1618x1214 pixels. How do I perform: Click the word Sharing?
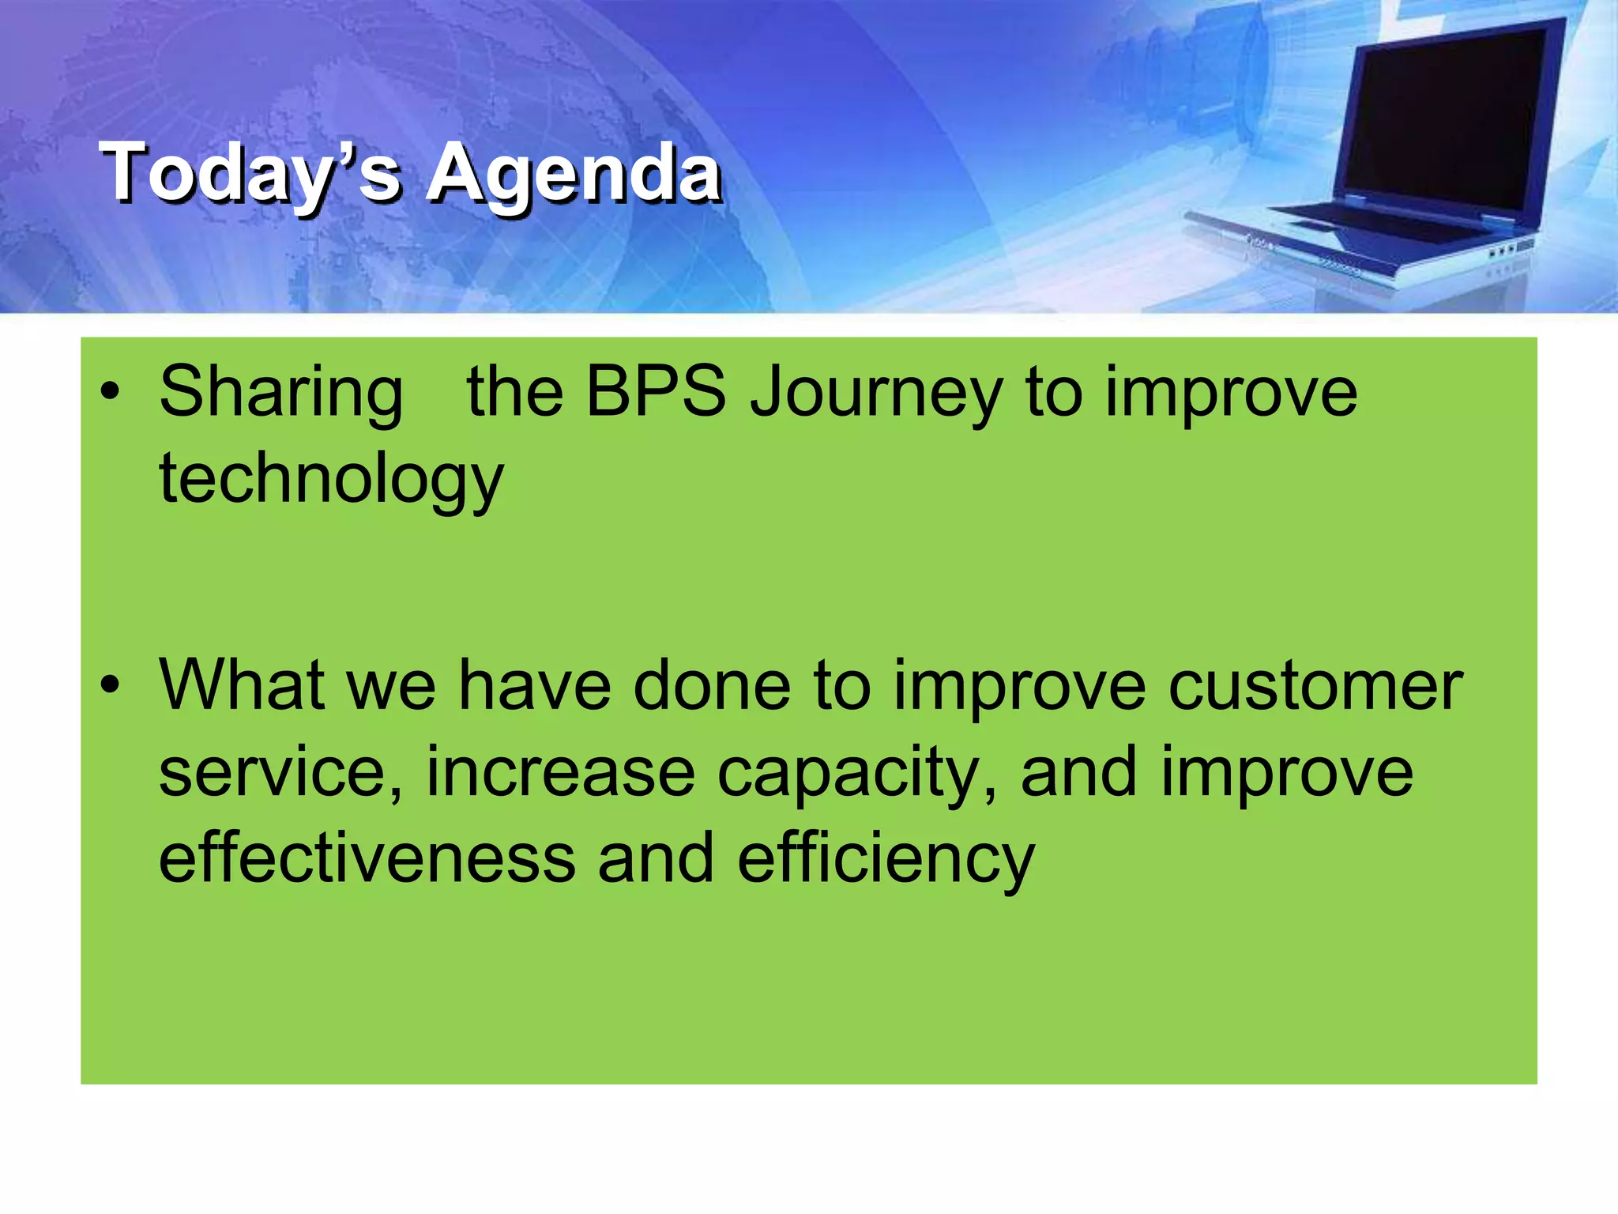coord(280,394)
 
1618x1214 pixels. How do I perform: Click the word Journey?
coord(875,394)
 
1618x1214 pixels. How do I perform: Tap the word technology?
coord(330,480)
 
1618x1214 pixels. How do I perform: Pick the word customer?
coord(1315,686)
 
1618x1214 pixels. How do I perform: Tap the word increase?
coord(560,773)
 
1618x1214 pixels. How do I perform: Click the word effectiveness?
coord(367,859)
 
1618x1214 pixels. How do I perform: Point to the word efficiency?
coord(885,861)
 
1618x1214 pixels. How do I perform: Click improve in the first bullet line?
coord(1230,394)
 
